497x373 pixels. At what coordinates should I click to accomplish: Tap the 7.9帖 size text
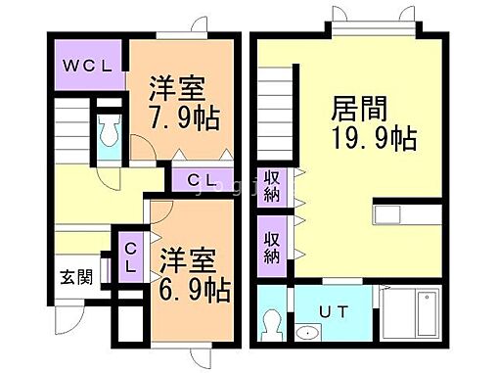tap(184, 118)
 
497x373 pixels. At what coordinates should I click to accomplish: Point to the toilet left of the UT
tap(273, 323)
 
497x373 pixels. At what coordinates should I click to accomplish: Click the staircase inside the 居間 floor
tap(277, 109)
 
